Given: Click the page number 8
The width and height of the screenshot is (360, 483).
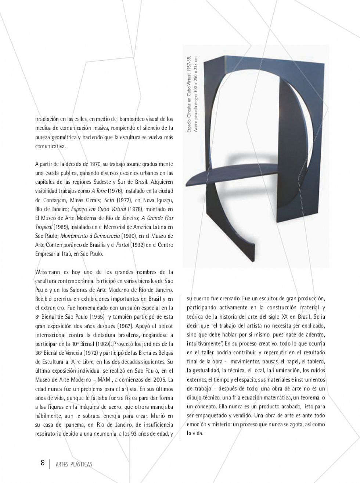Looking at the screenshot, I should pyautogui.click(x=43, y=462).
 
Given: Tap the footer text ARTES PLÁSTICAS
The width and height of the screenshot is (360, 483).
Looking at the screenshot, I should pyautogui.click(x=74, y=464).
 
